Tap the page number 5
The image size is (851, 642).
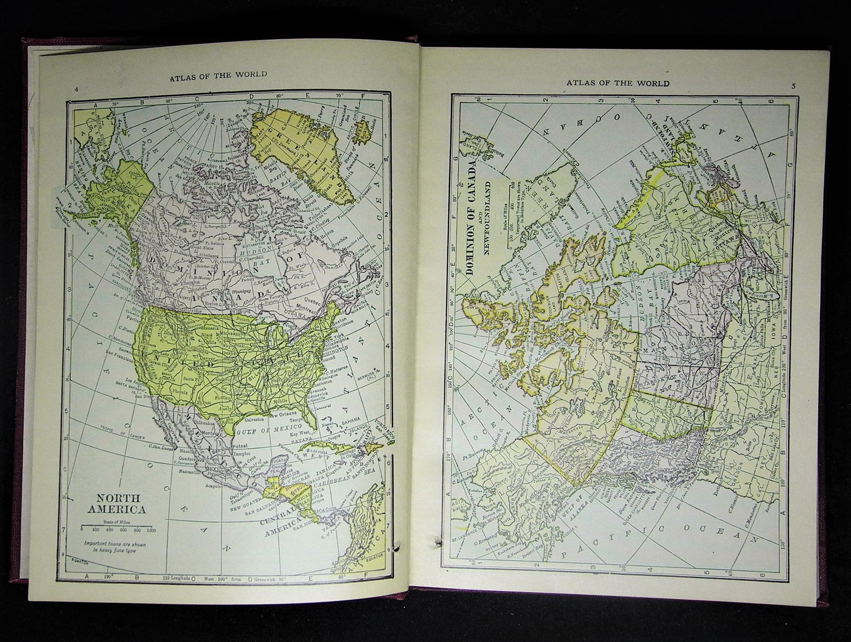click(792, 86)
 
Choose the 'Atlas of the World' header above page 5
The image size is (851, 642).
click(618, 83)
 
